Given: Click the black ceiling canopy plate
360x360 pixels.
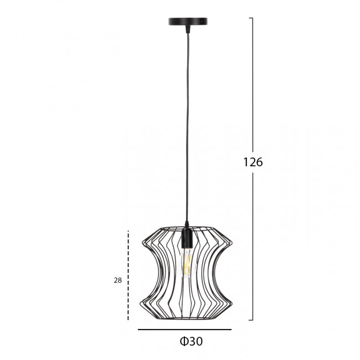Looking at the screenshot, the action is (x=188, y=22).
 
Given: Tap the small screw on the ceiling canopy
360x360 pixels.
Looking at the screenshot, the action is (x=202, y=20).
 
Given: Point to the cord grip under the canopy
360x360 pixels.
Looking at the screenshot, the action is (x=188, y=29).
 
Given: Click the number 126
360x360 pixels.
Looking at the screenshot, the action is (x=253, y=162).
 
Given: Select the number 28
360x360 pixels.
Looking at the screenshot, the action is (x=118, y=280).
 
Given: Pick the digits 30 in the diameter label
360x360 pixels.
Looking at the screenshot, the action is (x=196, y=341).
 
